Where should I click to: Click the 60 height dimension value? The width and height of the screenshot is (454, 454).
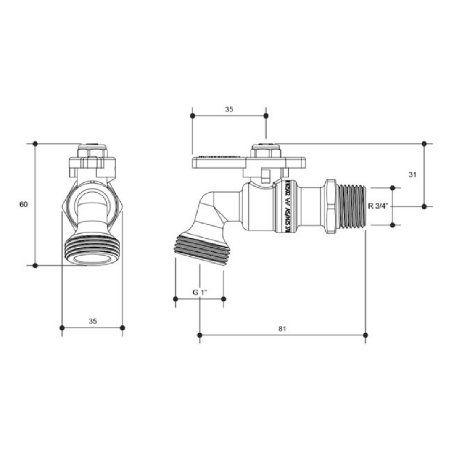click(24, 205)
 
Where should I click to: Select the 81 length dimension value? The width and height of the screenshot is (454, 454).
click(282, 329)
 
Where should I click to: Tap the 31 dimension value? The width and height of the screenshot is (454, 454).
click(412, 174)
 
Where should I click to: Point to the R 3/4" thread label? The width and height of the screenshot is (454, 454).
click(377, 206)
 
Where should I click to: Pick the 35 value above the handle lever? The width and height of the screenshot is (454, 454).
click(229, 109)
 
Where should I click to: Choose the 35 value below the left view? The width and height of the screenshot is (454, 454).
click(93, 321)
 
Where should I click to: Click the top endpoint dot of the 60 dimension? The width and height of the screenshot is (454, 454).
click(35, 143)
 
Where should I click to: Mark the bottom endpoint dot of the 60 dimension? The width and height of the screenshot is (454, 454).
click(35, 265)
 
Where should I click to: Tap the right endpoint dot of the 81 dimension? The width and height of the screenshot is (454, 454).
click(365, 335)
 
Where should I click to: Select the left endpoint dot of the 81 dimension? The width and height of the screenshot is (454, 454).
click(200, 335)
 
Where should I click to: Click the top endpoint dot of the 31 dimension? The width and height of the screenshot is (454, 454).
click(424, 143)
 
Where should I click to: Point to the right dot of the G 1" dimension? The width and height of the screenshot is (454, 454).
click(223, 299)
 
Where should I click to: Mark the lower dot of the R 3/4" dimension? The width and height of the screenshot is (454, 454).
click(393, 225)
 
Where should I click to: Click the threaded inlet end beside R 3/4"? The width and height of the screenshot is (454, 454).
click(353, 206)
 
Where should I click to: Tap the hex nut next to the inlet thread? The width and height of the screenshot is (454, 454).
click(330, 206)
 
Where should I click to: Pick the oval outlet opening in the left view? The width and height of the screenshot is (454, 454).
click(87, 258)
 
